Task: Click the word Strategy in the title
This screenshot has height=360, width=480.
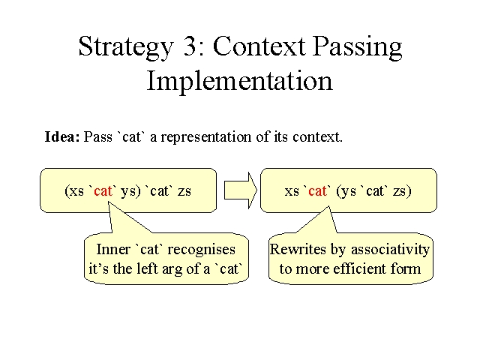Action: pyautogui.click(x=126, y=47)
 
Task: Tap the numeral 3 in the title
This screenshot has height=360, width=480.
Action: pyautogui.click(x=190, y=45)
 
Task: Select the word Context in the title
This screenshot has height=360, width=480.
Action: pyautogui.click(x=259, y=46)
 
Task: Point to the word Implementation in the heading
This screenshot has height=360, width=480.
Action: pyautogui.click(x=240, y=80)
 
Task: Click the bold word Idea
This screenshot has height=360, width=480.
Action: pyautogui.click(x=62, y=136)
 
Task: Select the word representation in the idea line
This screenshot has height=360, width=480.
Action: pyautogui.click(x=205, y=137)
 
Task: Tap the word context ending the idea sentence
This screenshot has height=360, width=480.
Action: pyautogui.click(x=316, y=136)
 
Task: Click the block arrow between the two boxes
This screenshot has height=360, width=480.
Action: pyautogui.click(x=241, y=190)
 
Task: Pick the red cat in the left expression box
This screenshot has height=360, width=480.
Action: pyautogui.click(x=103, y=191)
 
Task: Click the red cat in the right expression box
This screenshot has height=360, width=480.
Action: pyautogui.click(x=317, y=191)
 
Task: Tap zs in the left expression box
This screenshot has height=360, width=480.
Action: pyautogui.click(x=184, y=192)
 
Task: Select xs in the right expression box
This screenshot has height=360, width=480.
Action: pyautogui.click(x=292, y=192)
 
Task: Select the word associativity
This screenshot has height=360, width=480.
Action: pyautogui.click(x=390, y=250)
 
